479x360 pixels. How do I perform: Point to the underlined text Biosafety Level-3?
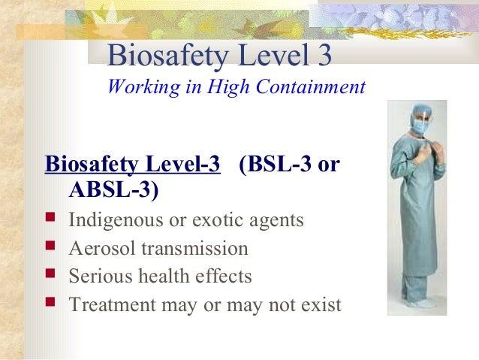click(133, 165)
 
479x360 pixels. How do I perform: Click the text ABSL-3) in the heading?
click(114, 191)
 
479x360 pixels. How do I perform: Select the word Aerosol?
click(98, 249)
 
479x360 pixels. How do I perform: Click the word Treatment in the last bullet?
click(108, 305)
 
